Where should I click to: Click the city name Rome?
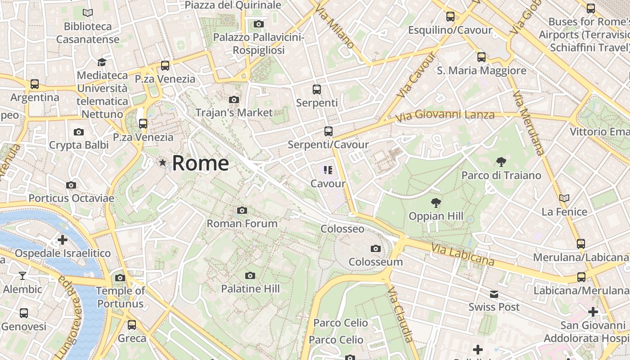tap(200, 163)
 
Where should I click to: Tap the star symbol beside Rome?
tap(162, 162)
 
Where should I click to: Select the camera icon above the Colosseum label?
tap(375, 248)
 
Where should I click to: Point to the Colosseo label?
tap(342, 229)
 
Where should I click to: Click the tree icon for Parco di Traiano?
tap(501, 162)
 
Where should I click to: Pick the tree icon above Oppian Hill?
tap(436, 203)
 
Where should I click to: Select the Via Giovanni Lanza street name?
tap(445, 116)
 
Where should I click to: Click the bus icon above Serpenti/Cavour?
tap(328, 131)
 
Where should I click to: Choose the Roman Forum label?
tap(242, 223)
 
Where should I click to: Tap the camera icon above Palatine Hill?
tap(250, 275)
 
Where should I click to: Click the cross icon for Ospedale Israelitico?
tap(63, 240)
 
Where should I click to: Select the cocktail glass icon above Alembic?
tap(22, 276)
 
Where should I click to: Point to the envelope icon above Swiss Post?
tap(494, 294)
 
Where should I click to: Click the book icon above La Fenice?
tap(564, 198)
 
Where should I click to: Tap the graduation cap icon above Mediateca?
tap(102, 62)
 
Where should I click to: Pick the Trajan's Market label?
tap(234, 112)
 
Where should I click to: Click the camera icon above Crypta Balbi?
tap(79, 132)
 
